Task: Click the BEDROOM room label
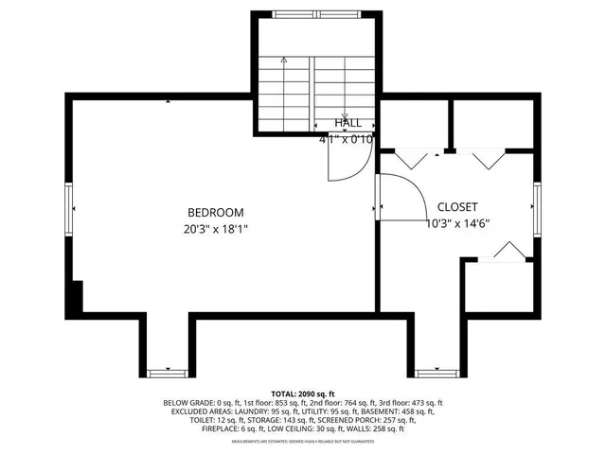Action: tap(215, 213)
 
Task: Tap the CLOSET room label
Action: tap(456, 207)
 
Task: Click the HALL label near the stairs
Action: tap(348, 123)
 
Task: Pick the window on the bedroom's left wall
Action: tap(69, 207)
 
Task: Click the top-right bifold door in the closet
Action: tap(490, 159)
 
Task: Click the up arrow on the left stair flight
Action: tap(283, 61)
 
